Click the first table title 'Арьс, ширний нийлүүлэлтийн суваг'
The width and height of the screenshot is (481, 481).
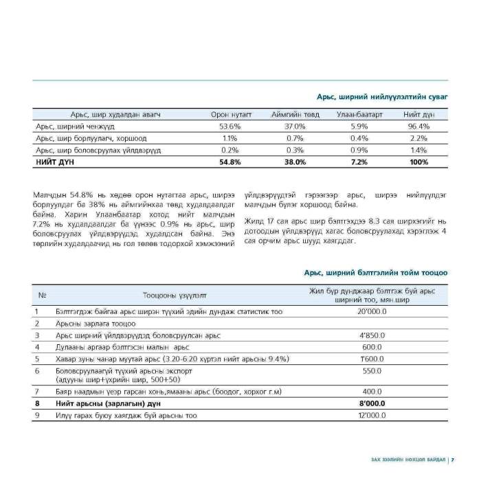(x=382, y=98)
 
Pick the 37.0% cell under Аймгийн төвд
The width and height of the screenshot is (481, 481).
(x=295, y=126)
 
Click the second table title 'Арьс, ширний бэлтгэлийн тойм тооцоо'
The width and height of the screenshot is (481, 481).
(x=376, y=273)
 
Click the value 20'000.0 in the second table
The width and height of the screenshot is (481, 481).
(x=372, y=311)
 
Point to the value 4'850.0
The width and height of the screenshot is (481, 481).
(x=372, y=335)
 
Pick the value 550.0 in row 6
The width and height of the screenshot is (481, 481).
(x=372, y=371)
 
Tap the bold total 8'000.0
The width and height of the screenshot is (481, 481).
(x=372, y=404)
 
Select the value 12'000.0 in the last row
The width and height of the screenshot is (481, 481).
(x=372, y=416)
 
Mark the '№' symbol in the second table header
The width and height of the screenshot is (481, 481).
(x=42, y=295)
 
